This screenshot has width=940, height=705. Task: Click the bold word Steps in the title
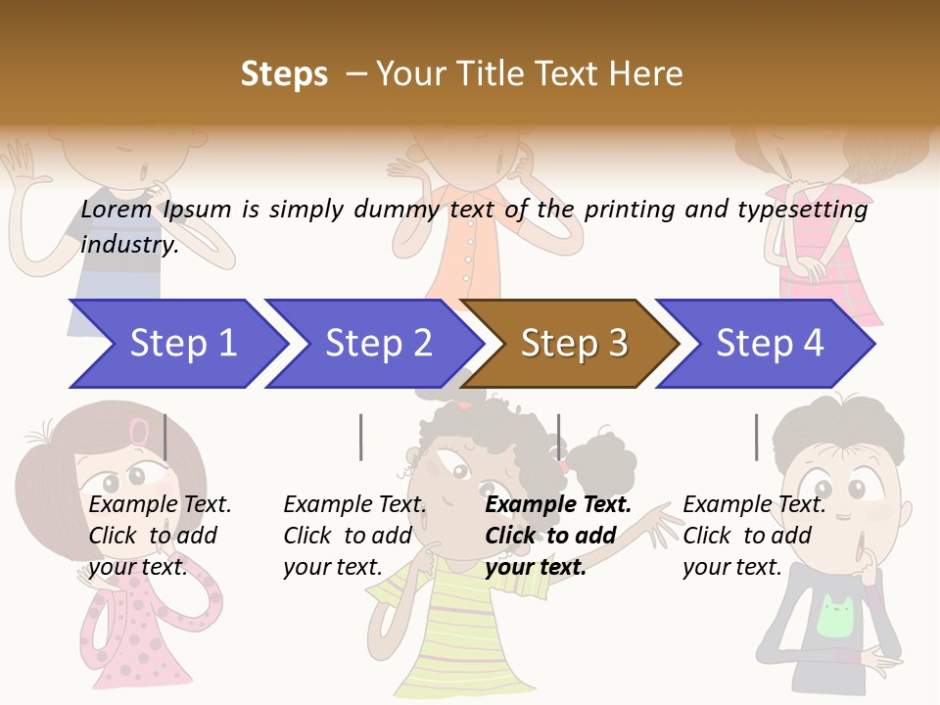(284, 74)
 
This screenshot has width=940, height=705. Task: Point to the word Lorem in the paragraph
(117, 209)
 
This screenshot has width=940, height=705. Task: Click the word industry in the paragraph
(128, 244)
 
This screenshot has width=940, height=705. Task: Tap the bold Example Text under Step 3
(558, 504)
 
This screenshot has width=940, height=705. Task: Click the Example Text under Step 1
(160, 504)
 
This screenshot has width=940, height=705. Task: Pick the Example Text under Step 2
(354, 504)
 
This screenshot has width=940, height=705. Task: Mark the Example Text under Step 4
(754, 504)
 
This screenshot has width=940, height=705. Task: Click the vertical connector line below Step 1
(164, 437)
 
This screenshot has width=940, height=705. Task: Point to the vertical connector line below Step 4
(756, 437)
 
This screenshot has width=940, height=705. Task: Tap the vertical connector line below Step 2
(360, 437)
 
